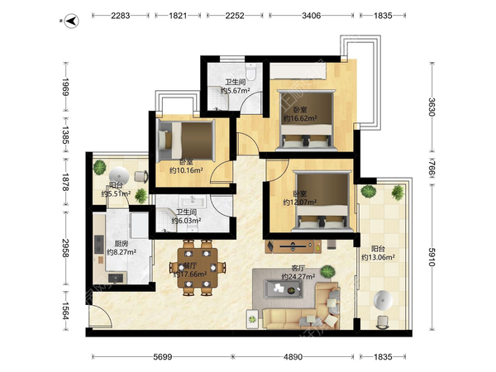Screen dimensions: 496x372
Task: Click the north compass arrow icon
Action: (x=72, y=21)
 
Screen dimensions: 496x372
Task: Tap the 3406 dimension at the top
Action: (x=312, y=16)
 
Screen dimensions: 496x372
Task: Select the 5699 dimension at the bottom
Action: (x=162, y=357)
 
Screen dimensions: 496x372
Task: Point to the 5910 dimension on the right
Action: (x=432, y=256)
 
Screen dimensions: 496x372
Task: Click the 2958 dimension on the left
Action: (x=65, y=248)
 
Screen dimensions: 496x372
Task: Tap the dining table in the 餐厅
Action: (x=198, y=268)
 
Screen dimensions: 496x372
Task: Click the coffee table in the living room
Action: (x=283, y=289)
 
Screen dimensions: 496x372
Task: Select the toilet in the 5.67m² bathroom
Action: (x=251, y=73)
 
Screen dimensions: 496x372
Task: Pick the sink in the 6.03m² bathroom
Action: (x=192, y=201)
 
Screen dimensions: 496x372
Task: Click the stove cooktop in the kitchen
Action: (x=99, y=244)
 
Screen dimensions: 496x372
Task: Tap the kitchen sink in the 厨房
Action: (x=116, y=278)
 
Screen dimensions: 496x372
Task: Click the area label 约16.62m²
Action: (x=300, y=118)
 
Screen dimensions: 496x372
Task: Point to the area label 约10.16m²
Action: (x=186, y=171)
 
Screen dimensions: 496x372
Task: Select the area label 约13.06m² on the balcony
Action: (x=378, y=257)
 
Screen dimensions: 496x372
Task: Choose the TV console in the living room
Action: (x=293, y=246)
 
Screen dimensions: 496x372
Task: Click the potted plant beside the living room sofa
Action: (x=327, y=272)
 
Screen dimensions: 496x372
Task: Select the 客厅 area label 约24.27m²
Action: (x=298, y=277)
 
